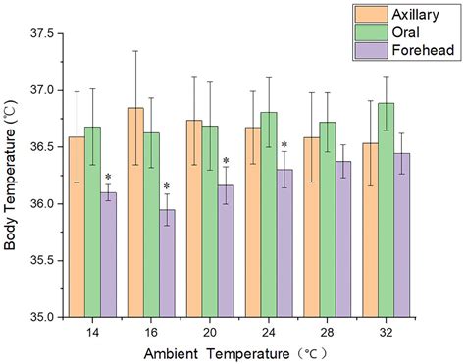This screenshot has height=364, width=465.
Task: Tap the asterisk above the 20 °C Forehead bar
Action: [x=226, y=162]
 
